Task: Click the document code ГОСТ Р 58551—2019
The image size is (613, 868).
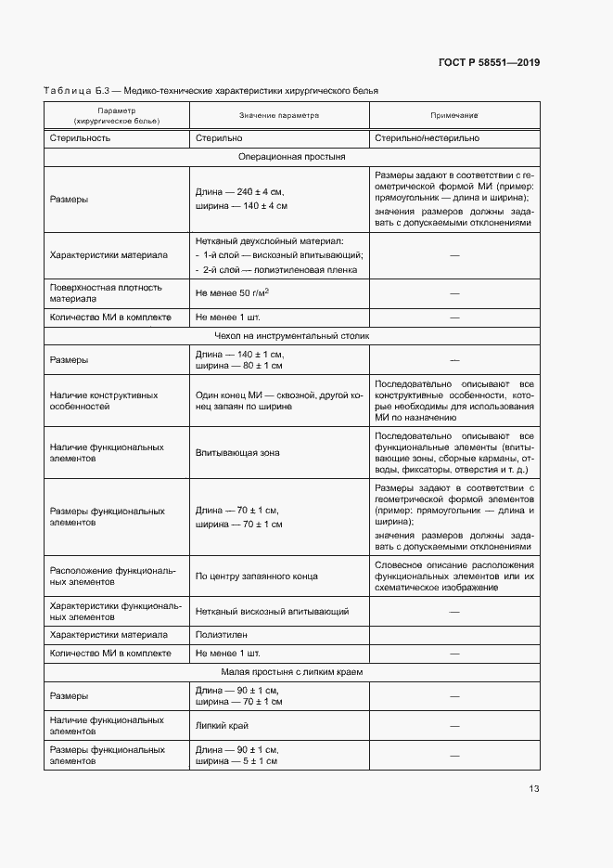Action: click(488, 62)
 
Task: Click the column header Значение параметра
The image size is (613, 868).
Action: click(278, 116)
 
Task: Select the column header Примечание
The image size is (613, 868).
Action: click(453, 116)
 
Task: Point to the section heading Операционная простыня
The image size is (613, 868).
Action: click(291, 157)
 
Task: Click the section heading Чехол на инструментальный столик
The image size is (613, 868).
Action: click(291, 335)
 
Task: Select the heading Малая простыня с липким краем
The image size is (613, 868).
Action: click(291, 670)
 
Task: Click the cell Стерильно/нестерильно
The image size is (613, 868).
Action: click(427, 137)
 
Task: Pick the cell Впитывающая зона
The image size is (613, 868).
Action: click(237, 453)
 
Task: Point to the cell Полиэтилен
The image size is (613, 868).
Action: click(220, 635)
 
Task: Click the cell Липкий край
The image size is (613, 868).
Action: click(221, 725)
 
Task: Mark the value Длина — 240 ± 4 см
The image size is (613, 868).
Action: click(240, 191)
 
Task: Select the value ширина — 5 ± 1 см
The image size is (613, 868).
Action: click(238, 761)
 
